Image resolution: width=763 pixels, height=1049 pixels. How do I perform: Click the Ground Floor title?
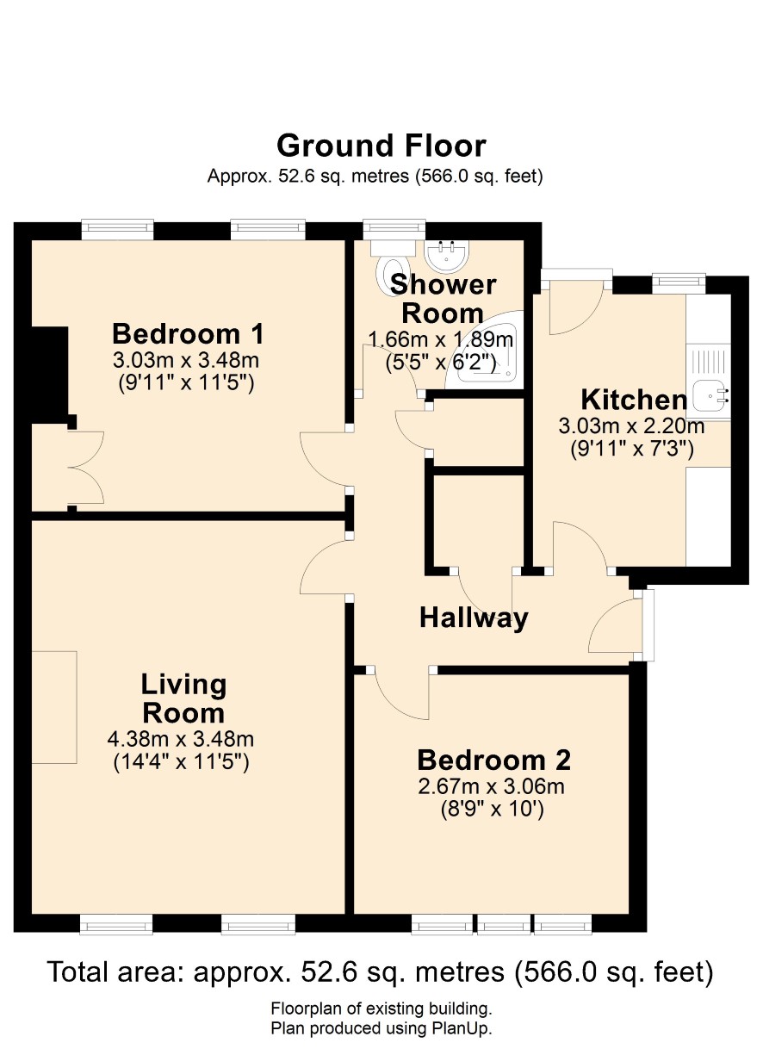(x=381, y=146)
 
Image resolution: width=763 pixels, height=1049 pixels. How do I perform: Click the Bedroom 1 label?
(x=188, y=334)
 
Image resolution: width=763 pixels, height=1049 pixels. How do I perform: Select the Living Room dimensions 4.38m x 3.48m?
(x=181, y=740)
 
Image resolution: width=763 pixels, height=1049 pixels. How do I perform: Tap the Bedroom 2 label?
(x=493, y=760)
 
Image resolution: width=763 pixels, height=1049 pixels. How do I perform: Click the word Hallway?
(x=474, y=618)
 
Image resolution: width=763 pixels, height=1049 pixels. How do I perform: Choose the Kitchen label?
(x=634, y=400)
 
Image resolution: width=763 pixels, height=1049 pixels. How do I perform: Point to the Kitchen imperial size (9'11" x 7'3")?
(x=632, y=449)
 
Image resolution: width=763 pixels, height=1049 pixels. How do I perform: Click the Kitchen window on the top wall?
(x=679, y=282)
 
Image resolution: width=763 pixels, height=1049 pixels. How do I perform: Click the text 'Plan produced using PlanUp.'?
(x=381, y=1028)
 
